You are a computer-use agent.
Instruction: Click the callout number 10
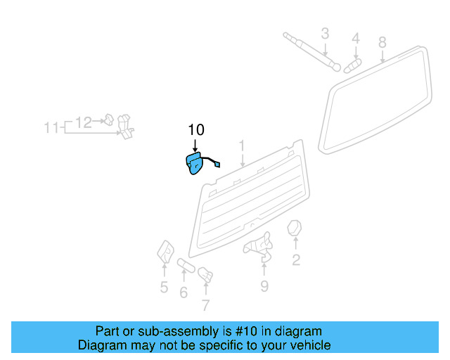195,129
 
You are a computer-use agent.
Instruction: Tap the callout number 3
325,33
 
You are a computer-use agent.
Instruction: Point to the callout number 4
356,38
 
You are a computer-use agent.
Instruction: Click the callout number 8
382,42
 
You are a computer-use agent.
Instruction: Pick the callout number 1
242,146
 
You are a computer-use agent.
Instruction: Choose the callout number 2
296,261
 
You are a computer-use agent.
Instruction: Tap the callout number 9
264,285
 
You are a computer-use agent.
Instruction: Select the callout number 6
184,292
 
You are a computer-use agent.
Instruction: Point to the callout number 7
205,304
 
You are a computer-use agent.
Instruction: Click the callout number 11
51,128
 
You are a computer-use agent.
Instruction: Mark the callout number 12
83,122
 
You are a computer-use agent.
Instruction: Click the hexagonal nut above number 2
295,229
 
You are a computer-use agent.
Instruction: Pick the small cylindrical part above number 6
186,265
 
